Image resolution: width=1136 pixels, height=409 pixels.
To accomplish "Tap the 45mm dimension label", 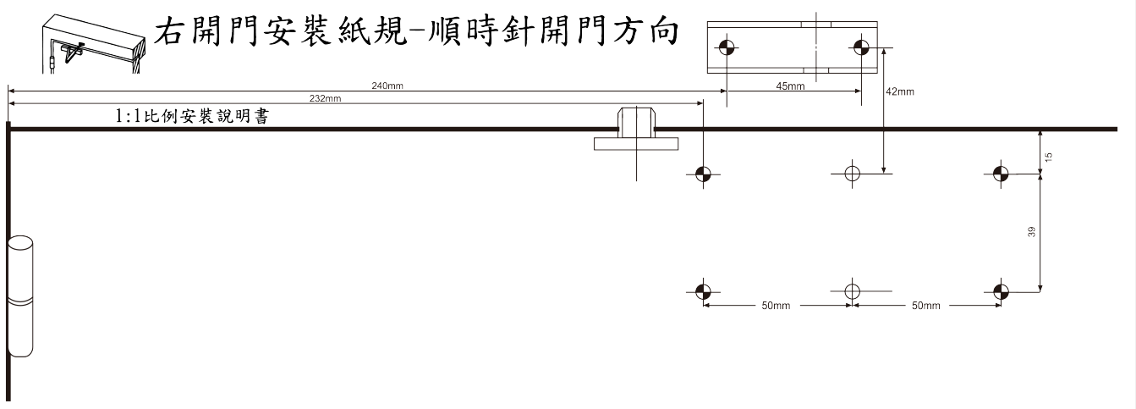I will click(790, 86).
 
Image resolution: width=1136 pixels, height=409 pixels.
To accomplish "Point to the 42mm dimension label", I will click(900, 91).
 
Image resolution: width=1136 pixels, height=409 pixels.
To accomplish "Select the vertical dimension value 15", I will click(1048, 157).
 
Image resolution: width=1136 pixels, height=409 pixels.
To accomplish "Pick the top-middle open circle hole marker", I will click(852, 174).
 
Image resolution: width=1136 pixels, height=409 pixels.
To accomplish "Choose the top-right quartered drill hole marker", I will click(1001, 174).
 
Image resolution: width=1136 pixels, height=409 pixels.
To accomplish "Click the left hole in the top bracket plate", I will click(727, 47).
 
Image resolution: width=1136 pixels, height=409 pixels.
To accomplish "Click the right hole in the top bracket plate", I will click(862, 47).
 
